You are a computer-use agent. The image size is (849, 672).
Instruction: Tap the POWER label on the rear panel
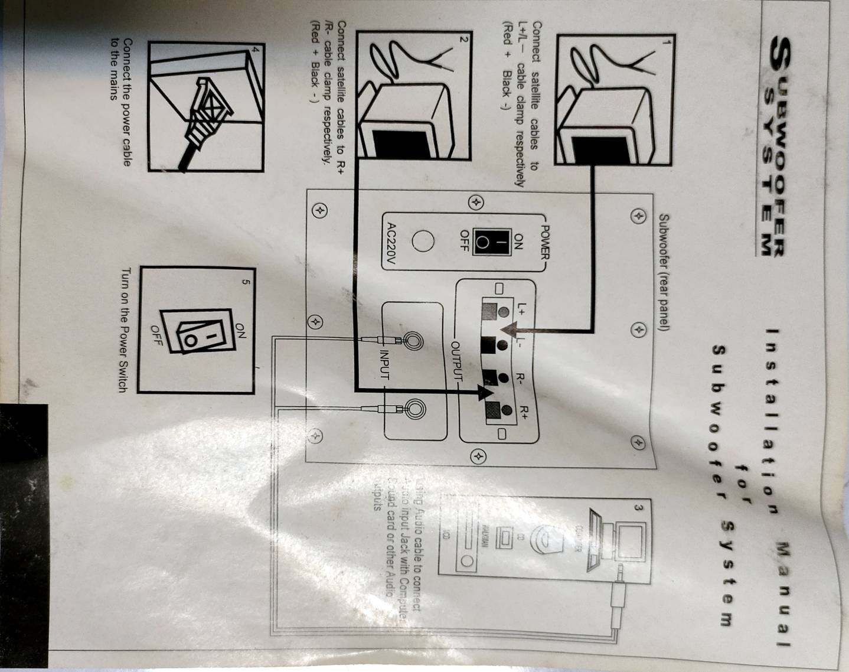coord(545,242)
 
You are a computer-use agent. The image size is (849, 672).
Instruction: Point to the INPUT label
coord(384,364)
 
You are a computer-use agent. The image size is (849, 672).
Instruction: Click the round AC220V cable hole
coord(423,242)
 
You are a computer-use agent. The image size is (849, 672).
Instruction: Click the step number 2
coord(464,40)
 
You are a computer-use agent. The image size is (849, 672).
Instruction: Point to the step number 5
coord(246,281)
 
